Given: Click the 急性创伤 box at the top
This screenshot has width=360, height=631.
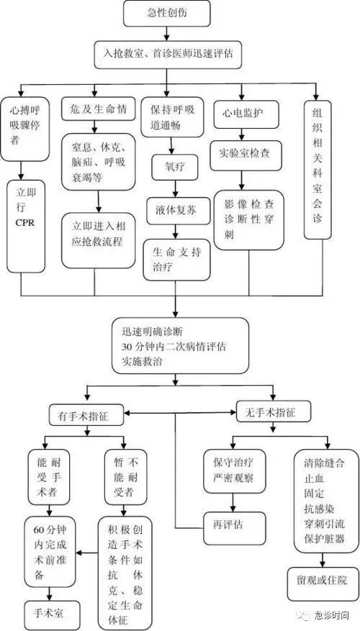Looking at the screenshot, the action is coord(167,13).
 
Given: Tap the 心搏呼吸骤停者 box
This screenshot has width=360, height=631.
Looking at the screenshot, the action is coord(25,130).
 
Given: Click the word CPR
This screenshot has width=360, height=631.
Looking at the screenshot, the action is coord(25,222).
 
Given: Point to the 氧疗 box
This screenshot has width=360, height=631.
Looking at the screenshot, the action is coord(175,167).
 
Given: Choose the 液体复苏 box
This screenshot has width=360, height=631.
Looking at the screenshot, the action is coord(178,211).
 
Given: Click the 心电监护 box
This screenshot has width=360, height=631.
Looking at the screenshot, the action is coord(240,114).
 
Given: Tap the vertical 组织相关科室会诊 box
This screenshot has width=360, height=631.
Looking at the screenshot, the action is coord(318,169).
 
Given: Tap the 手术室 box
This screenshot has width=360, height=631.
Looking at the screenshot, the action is coord(49,614).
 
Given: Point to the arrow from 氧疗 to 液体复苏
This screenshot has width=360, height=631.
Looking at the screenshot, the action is coord(175,189).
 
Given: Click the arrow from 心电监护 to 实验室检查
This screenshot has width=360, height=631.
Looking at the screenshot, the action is coord(241,135).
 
